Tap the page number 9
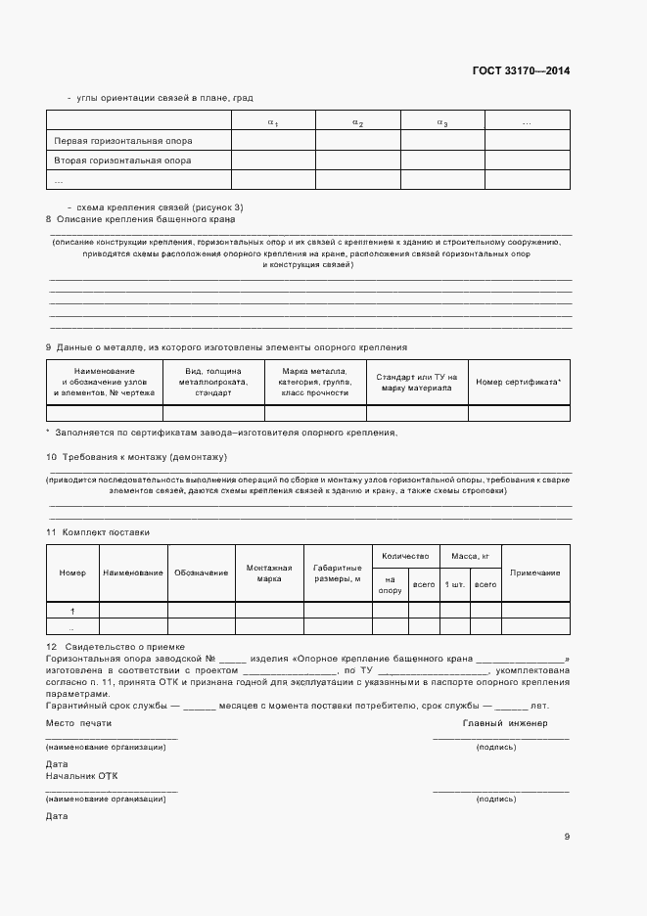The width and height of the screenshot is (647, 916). [567, 836]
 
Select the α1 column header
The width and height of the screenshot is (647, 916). [273, 122]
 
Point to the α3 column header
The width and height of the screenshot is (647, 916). [442, 122]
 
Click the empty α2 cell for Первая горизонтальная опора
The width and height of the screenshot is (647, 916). [357, 141]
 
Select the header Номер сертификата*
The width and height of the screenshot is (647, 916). [519, 382]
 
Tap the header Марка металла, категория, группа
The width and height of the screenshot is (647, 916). [314, 382]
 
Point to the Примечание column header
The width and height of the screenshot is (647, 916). [535, 572]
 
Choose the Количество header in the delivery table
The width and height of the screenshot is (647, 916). [405, 555]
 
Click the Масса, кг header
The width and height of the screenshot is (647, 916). [470, 555]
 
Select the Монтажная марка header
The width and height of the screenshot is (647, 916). [269, 572]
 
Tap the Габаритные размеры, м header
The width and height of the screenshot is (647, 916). [338, 572]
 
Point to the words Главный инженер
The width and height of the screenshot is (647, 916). [504, 723]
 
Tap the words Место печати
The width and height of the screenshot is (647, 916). [79, 723]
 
